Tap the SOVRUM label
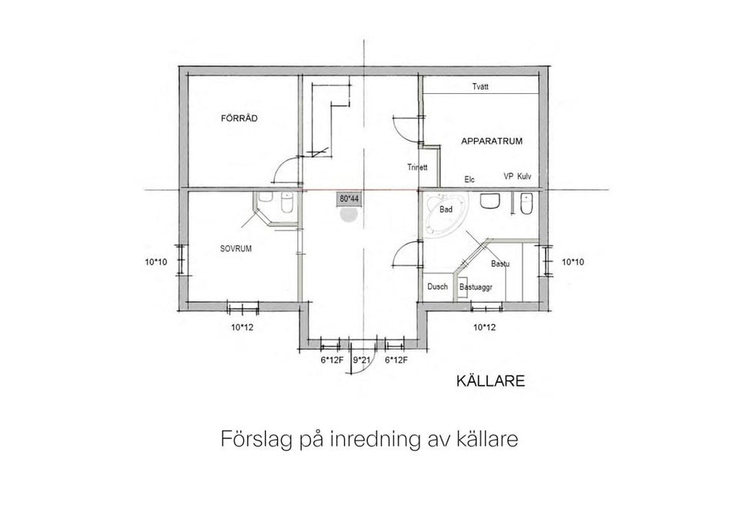(x=236, y=249)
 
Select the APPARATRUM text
(x=492, y=142)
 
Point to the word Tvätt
(x=480, y=87)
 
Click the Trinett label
(x=417, y=167)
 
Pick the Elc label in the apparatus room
(x=470, y=179)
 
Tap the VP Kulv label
(x=517, y=176)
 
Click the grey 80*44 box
(x=349, y=199)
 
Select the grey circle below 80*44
(x=349, y=215)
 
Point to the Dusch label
(x=437, y=287)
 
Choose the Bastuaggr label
(x=476, y=287)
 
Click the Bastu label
(x=501, y=264)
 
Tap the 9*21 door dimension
(x=363, y=360)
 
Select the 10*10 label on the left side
(x=155, y=262)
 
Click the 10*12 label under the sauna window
(x=483, y=327)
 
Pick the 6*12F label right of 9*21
(x=396, y=360)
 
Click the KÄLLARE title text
(x=490, y=381)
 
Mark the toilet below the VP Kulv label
(x=526, y=205)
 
